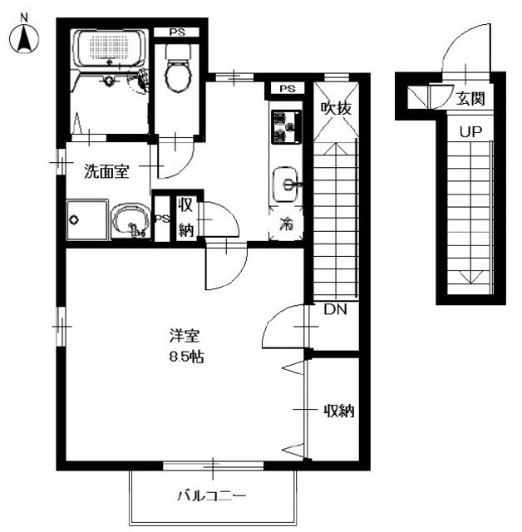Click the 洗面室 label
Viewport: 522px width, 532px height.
tap(106, 172)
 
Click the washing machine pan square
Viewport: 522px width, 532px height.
tap(86, 220)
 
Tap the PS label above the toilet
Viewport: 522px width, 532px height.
tap(177, 32)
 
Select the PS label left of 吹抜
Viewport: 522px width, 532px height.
tap(286, 89)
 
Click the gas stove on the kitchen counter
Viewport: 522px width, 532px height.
tap(286, 125)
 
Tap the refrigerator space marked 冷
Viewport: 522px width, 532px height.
tap(286, 224)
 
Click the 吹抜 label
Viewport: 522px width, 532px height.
tap(337, 106)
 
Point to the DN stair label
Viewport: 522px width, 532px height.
tap(335, 310)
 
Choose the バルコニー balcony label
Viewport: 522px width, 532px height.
tap(211, 496)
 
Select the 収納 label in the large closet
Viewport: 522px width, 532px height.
tap(339, 410)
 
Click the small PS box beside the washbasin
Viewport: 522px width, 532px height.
tap(161, 219)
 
